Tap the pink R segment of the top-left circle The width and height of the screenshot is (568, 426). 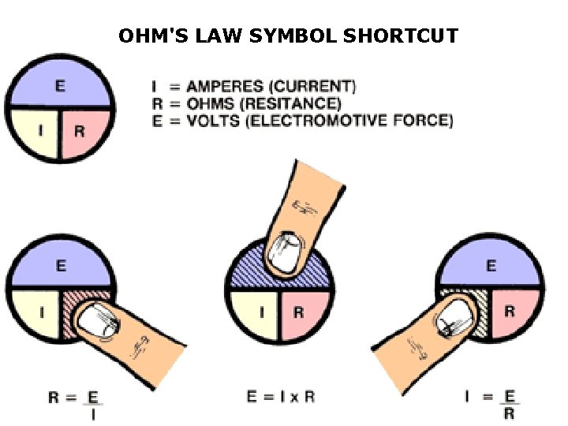point(82,131)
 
